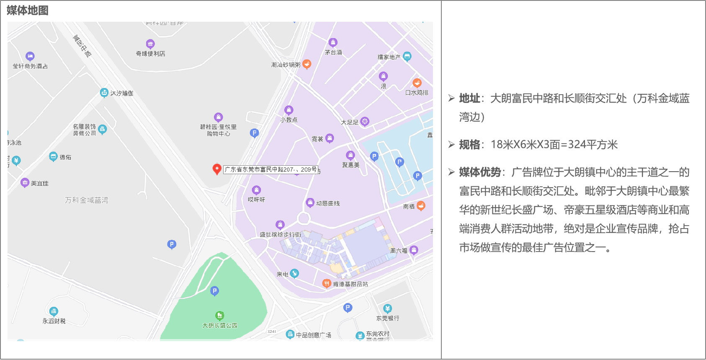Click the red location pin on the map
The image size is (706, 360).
point(217,169)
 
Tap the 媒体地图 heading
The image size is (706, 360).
point(28,10)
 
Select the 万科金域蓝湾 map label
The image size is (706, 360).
point(87,200)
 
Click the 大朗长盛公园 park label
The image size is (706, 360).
point(220,325)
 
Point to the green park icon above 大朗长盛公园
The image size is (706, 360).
point(219,316)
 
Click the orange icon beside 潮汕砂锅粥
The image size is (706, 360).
point(307,64)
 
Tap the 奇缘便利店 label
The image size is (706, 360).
point(150,54)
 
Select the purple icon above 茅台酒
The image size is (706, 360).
point(333,43)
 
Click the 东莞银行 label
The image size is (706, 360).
point(388,318)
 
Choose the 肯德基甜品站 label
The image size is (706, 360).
point(350,284)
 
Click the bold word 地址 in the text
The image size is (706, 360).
point(469,98)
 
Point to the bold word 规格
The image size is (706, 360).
point(469,145)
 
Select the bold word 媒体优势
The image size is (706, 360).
point(480,172)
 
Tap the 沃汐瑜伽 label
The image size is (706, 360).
point(122,93)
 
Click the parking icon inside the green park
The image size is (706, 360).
point(214,291)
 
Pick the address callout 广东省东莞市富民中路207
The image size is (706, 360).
point(271,170)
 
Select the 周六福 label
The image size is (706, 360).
point(399,251)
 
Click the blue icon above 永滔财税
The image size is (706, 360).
point(54,311)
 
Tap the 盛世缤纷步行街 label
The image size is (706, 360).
point(280,234)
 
